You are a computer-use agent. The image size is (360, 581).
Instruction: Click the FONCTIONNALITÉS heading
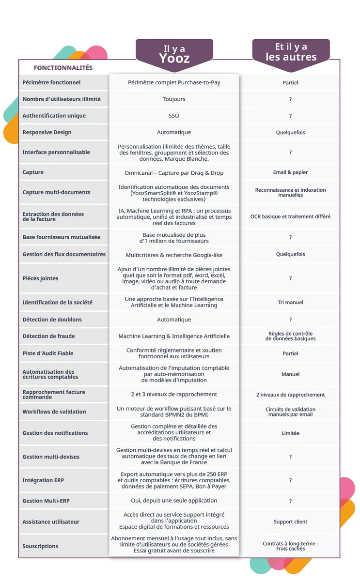tap(63, 68)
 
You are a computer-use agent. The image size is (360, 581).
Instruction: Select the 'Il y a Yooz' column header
tap(174, 54)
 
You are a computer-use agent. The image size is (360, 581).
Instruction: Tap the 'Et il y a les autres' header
tap(291, 52)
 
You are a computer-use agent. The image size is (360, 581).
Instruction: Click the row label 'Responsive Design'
tap(47, 132)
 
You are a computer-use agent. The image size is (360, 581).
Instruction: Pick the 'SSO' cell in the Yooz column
tap(174, 116)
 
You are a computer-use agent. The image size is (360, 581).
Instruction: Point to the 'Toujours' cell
tap(174, 99)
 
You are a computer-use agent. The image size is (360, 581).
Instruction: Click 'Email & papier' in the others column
tap(290, 172)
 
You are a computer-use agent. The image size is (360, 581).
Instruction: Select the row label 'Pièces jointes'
tap(40, 278)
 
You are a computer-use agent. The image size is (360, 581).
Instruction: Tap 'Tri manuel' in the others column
tap(290, 302)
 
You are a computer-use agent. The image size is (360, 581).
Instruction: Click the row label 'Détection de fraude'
tap(48, 336)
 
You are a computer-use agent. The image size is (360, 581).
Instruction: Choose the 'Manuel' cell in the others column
tap(290, 374)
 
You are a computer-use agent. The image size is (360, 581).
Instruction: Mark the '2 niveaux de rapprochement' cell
tap(290, 395)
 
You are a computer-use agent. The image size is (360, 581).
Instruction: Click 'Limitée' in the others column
tap(290, 433)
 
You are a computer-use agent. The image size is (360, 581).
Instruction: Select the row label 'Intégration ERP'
tap(43, 480)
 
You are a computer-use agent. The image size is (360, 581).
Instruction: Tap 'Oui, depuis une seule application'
tap(174, 501)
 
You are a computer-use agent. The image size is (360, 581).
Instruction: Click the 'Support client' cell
tap(290, 522)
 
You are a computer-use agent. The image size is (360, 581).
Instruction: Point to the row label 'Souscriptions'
tap(40, 546)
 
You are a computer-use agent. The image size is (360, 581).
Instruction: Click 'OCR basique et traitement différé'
tap(290, 217)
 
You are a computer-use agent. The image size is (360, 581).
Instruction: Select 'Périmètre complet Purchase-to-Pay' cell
tap(174, 82)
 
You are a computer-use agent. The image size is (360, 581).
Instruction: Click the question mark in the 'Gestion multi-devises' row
tap(290, 457)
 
